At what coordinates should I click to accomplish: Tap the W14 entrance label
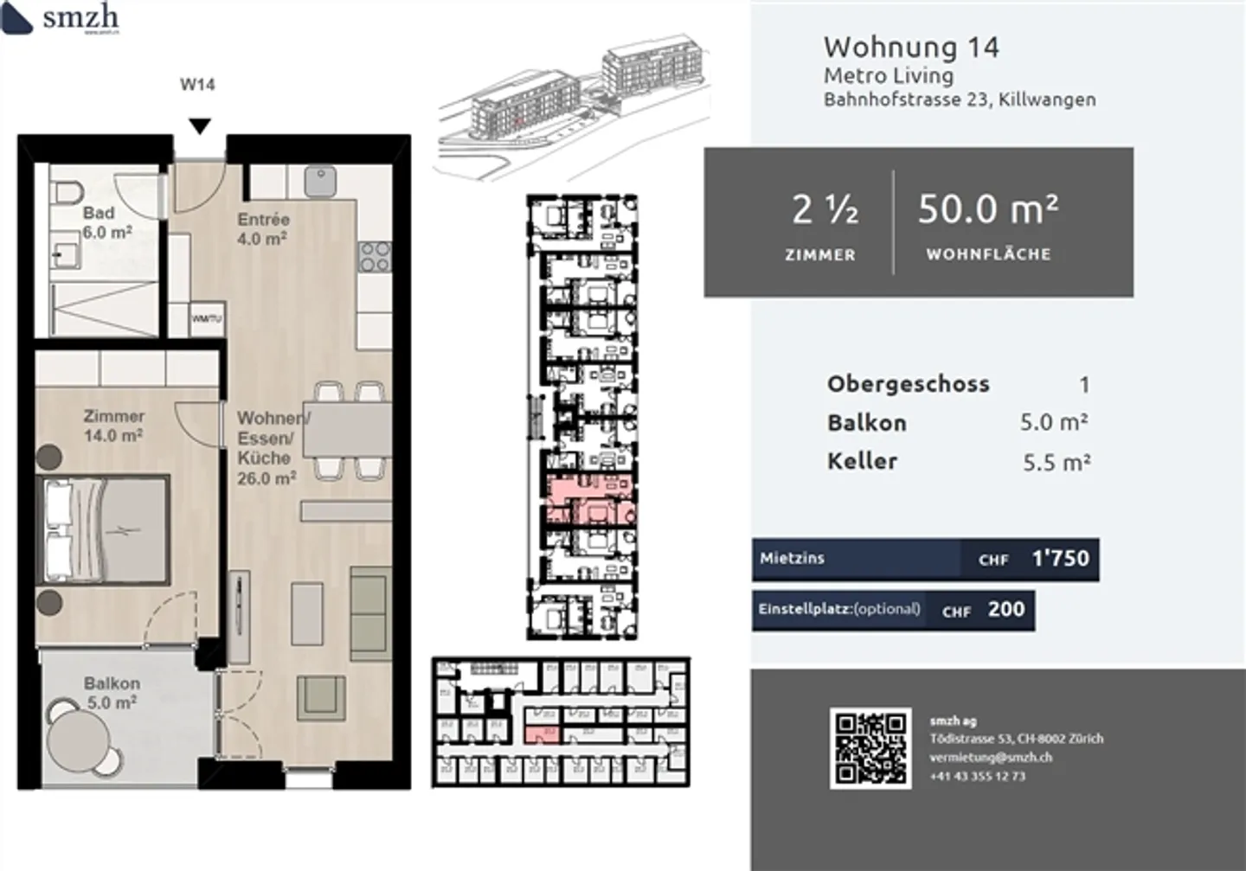click(x=197, y=85)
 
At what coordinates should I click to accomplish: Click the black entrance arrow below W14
click(x=200, y=127)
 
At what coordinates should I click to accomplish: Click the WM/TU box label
click(x=207, y=318)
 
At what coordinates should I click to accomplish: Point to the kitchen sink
click(x=321, y=182)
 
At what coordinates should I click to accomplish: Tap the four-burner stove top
click(x=376, y=257)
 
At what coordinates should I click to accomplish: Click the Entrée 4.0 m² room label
click(x=263, y=229)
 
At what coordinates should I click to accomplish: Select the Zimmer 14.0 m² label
click(x=113, y=426)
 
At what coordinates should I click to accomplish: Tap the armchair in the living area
click(x=321, y=696)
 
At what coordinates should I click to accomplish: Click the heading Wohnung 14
click(x=911, y=47)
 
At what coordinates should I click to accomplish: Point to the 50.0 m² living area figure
click(x=987, y=209)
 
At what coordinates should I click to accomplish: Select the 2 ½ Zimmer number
click(x=825, y=209)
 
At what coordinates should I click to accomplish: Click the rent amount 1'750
click(x=1060, y=559)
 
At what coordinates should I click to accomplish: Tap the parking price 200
click(x=1006, y=610)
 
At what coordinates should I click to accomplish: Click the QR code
click(x=870, y=748)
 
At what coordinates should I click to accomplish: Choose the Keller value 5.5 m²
click(x=1056, y=463)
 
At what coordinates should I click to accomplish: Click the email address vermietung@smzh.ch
click(x=991, y=758)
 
